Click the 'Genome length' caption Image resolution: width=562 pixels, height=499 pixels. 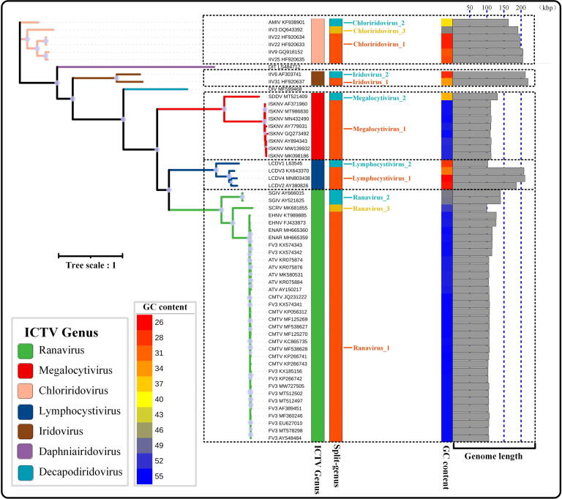pyautogui.click(x=493, y=456)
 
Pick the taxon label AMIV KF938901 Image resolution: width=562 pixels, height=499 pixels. pyautogui.click(x=286, y=23)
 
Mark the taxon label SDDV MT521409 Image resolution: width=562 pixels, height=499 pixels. pyautogui.click(x=286, y=97)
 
